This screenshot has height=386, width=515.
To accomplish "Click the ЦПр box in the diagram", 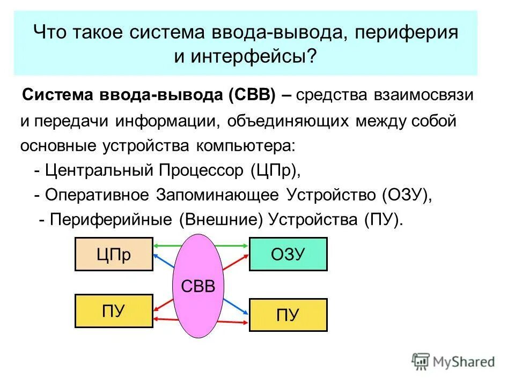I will point(114,254).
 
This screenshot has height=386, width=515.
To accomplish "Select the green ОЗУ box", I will point(288,254).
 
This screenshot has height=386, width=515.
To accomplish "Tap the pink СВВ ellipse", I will point(198,286).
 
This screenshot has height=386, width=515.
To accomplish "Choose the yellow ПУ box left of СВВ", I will point(114,311).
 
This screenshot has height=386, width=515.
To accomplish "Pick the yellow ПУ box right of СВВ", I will point(288,315).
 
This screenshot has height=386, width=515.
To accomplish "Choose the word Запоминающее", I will point(217,195).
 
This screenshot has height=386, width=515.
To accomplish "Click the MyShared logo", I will point(453,362).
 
